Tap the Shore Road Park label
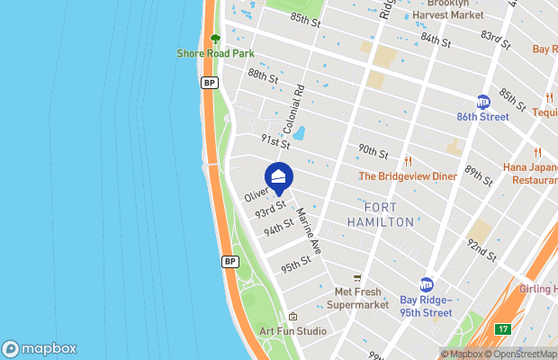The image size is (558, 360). [x=215, y=53]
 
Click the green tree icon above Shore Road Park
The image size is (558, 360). [x=215, y=39]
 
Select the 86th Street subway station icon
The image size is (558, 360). [x=482, y=102]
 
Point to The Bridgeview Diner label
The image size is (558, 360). [x=408, y=176]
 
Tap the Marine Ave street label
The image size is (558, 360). [x=309, y=231]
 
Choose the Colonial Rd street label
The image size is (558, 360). [x=300, y=106]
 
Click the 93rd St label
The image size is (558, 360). [x=269, y=211]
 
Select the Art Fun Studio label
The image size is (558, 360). [x=293, y=331]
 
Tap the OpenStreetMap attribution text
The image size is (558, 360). [x=523, y=354]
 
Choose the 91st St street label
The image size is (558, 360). [x=275, y=141]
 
